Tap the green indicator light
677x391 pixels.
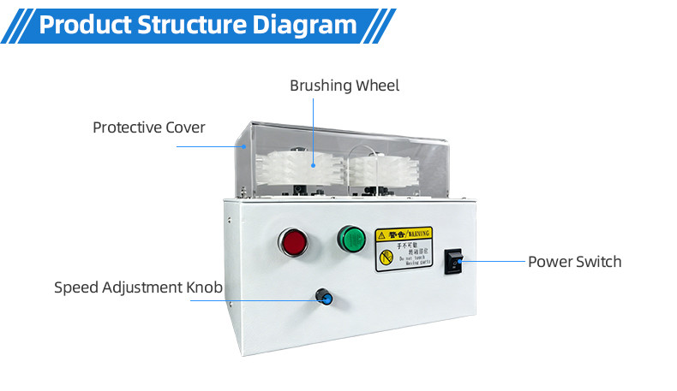click(x=350, y=238)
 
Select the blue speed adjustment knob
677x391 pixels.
click(x=325, y=297)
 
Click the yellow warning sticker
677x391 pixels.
click(x=403, y=248)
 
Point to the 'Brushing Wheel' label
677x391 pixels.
click(x=344, y=86)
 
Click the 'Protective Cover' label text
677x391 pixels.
click(x=149, y=127)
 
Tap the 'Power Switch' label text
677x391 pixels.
click(x=574, y=261)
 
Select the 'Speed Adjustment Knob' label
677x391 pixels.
click(x=138, y=287)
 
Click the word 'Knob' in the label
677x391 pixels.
click(x=205, y=287)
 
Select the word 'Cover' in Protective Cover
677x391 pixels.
click(x=186, y=127)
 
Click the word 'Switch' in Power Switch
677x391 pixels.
click(x=597, y=261)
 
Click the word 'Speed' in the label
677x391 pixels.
click(x=75, y=287)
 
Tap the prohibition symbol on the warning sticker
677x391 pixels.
click(x=385, y=257)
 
